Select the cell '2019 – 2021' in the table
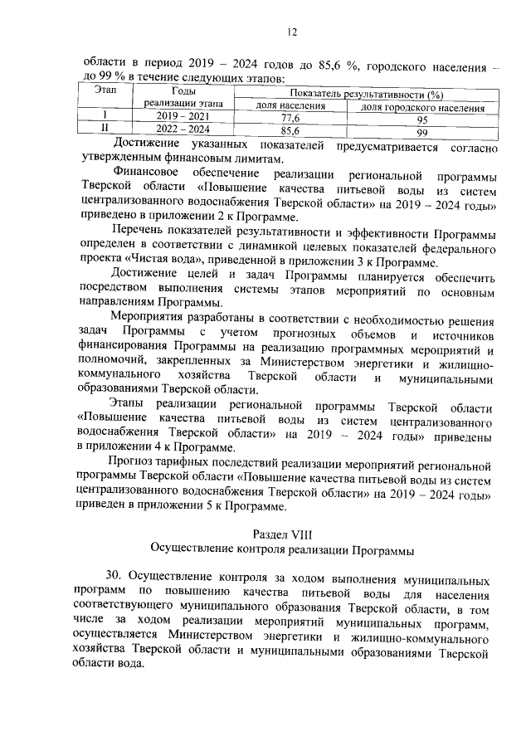[183, 118]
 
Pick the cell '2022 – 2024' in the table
[183, 130]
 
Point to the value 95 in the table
[421, 119]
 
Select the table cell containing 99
[421, 131]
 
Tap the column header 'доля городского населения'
[421, 108]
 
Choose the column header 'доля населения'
[290, 107]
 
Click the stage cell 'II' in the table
[105, 130]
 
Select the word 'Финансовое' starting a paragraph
[142, 176]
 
